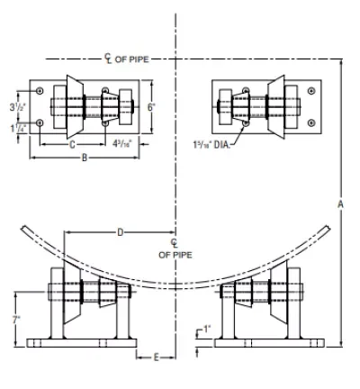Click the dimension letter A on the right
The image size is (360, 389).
point(340,204)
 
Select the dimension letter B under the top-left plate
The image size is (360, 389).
point(84,158)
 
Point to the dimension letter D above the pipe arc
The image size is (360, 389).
point(120,232)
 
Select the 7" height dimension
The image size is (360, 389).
point(16,320)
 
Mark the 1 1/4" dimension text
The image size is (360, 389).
point(17,127)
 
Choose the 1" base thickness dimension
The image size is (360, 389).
point(206,328)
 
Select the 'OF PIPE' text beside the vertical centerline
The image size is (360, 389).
point(176,254)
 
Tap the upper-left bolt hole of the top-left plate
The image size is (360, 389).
point(40,91)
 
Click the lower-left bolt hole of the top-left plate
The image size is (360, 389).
point(40,122)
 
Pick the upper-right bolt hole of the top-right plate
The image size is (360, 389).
point(311,91)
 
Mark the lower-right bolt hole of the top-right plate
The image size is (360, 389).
point(311,122)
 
